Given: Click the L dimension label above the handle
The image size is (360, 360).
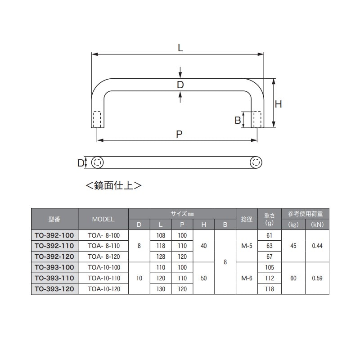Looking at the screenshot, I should tap(180, 48).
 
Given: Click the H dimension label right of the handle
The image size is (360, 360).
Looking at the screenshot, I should tap(279, 104).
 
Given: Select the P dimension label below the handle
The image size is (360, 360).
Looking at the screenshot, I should tap(179, 134).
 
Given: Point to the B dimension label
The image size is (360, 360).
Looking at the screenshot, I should tap(237, 120).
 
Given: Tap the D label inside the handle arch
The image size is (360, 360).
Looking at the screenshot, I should tap(180, 85).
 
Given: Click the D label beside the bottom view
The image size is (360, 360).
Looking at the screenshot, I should tap(81, 163).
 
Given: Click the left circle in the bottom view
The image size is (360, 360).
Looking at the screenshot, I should tap(98, 163).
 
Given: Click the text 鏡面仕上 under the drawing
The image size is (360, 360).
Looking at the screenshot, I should tap(114, 185).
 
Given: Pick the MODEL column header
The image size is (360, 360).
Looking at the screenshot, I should tap(103, 220).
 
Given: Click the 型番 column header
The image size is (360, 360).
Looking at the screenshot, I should tap(54, 220).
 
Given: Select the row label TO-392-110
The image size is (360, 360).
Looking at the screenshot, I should tap(54, 246).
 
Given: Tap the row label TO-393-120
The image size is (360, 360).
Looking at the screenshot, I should tap(54, 289).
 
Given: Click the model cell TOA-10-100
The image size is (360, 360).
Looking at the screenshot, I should tap(103, 267).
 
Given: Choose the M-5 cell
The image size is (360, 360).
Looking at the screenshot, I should tap(247, 246).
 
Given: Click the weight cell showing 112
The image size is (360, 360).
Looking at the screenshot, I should tap(270, 278).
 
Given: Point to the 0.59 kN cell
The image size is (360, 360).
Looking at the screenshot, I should tap(317, 278).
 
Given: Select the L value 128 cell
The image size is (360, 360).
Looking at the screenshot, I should tap(161, 256).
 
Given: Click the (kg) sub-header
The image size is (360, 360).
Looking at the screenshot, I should tap(293, 224).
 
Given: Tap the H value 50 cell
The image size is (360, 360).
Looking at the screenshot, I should tap(204, 278).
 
